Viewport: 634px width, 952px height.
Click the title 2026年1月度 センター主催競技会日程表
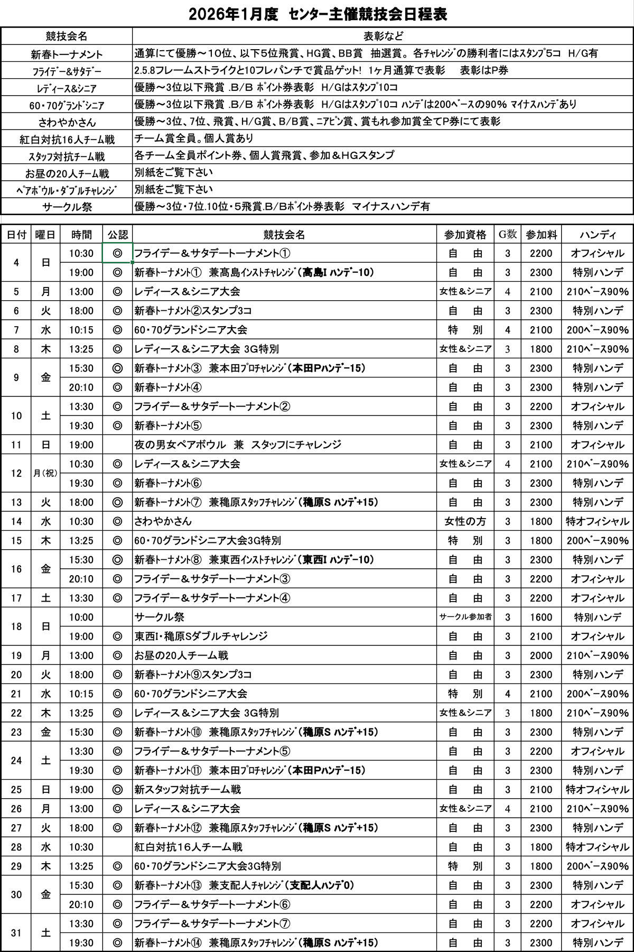(x=318, y=14)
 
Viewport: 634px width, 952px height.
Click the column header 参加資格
(x=465, y=235)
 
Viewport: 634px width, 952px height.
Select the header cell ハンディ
(x=597, y=235)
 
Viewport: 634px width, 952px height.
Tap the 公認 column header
(x=117, y=235)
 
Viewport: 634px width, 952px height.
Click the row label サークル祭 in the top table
(x=67, y=207)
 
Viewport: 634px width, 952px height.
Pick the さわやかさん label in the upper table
(x=67, y=122)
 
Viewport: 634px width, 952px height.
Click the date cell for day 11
(x=16, y=445)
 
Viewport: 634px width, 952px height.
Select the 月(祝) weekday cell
(x=46, y=473)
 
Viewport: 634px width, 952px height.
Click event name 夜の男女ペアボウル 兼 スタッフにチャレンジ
(x=238, y=445)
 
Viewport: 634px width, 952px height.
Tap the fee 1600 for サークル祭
(x=541, y=617)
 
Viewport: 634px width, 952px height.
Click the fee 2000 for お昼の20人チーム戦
(x=541, y=655)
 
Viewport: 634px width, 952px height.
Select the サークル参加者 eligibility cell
(x=465, y=617)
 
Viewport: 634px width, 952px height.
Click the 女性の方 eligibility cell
(x=465, y=521)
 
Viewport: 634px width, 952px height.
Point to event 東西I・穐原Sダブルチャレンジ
(x=201, y=636)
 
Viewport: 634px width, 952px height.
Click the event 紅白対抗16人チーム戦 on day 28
(x=189, y=847)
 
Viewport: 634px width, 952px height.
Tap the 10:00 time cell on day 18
(x=81, y=617)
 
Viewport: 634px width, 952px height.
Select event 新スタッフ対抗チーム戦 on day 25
(x=188, y=789)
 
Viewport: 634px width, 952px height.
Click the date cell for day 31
(x=16, y=933)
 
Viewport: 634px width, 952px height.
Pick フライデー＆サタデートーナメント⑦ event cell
(x=212, y=923)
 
